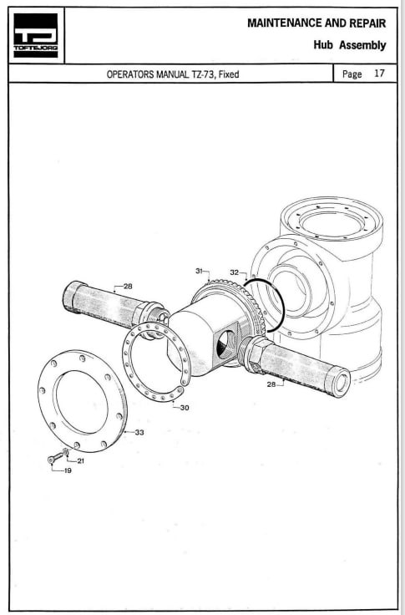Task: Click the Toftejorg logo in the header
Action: pos(36,35)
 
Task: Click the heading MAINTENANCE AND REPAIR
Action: pos(316,23)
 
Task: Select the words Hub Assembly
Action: pos(350,45)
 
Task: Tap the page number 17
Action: pos(379,74)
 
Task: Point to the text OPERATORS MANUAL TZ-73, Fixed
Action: pos(173,74)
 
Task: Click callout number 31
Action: pos(200,271)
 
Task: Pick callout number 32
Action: pos(234,272)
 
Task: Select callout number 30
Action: pos(185,408)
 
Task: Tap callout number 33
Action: pos(139,432)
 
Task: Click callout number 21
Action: pos(80,461)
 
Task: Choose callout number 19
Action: pos(68,470)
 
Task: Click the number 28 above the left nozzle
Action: pos(128,286)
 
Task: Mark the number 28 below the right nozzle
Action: pos(271,384)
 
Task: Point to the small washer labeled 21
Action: pos(66,452)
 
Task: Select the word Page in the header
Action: pos(352,74)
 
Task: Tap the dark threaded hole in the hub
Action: pos(226,344)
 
